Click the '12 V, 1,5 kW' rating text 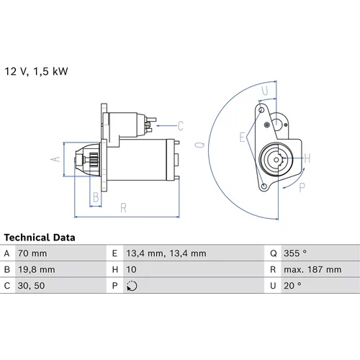[x=36, y=71]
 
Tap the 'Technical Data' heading [x=40, y=238]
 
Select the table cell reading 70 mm [x=32, y=253]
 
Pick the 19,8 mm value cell [x=37, y=269]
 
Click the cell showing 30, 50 [x=31, y=286]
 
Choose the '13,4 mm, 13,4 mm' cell [x=166, y=253]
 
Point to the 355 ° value [x=295, y=253]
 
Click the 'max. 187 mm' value [x=312, y=269]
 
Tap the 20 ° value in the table [x=292, y=286]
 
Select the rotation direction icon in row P [x=132, y=286]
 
